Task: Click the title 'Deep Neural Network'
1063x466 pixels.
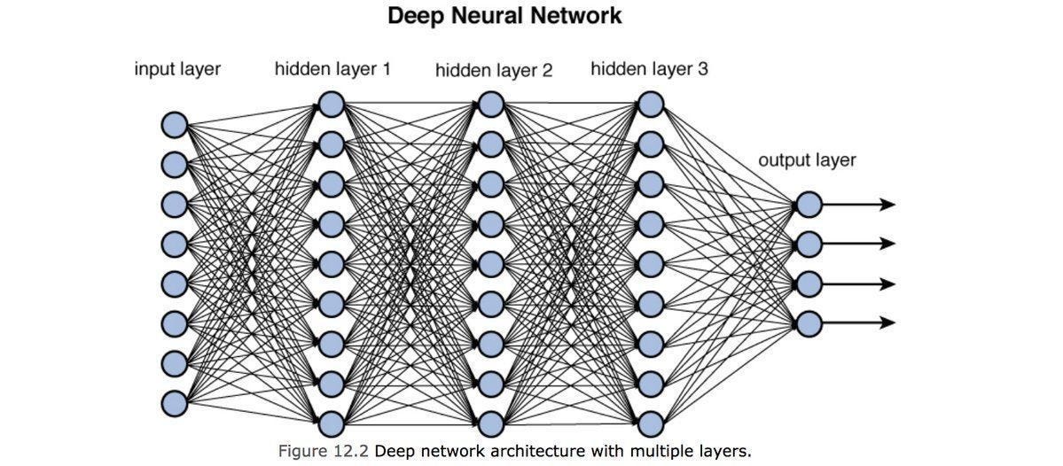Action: (504, 16)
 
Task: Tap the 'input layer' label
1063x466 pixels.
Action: (177, 69)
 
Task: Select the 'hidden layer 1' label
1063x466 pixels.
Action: (332, 69)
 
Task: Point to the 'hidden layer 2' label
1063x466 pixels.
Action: (493, 71)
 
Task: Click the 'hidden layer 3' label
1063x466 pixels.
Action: (649, 69)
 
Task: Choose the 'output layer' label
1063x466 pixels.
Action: (807, 160)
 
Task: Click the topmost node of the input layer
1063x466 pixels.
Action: (174, 125)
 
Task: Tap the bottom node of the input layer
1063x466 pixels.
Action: (174, 403)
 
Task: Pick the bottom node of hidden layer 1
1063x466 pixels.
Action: (331, 423)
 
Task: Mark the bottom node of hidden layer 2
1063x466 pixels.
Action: (491, 423)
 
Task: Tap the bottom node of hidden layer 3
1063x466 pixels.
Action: (650, 423)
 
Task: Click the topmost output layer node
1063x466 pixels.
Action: (808, 205)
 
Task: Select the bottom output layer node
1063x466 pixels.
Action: (808, 323)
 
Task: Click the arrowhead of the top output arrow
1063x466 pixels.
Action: (887, 205)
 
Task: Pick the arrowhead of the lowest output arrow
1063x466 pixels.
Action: (887, 323)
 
